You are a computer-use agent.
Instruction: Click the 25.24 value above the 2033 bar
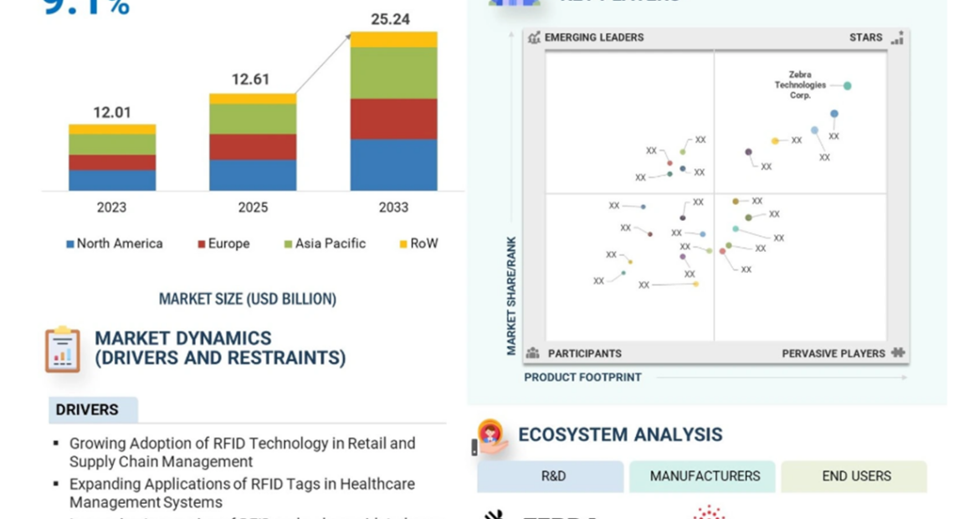tap(390, 19)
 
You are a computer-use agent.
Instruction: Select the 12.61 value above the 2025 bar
tap(251, 80)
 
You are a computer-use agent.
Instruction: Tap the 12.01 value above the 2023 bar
tap(112, 112)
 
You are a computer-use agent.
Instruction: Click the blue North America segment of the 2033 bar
tap(393, 165)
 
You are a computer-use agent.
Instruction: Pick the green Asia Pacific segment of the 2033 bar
tap(393, 73)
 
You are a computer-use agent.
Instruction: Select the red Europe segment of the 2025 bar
tap(253, 146)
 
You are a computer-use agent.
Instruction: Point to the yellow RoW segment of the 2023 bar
tap(112, 129)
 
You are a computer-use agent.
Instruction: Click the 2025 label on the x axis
tap(253, 208)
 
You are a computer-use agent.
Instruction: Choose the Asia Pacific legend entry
tap(326, 244)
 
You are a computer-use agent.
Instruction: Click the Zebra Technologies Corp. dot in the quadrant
tap(847, 85)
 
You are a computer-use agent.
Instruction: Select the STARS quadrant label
tap(865, 38)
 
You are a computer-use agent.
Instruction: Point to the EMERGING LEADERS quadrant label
tap(593, 38)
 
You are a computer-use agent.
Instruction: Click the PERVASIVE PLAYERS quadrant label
tap(833, 353)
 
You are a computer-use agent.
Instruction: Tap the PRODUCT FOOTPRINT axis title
tap(582, 378)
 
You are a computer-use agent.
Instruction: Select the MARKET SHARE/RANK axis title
tap(511, 295)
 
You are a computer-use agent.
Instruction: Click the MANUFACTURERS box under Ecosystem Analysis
tap(705, 476)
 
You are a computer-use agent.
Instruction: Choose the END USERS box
tap(856, 476)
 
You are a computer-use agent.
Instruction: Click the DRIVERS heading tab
tap(87, 410)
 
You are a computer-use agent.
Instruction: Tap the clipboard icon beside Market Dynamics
tap(63, 348)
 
